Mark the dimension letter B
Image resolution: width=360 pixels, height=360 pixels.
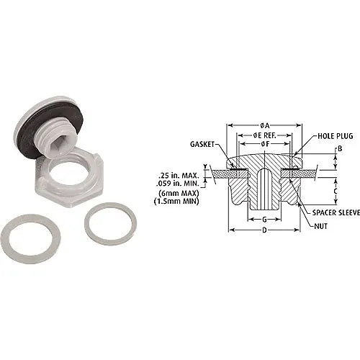click(x=339, y=150)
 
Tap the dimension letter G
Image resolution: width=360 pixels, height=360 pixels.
click(x=264, y=219)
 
